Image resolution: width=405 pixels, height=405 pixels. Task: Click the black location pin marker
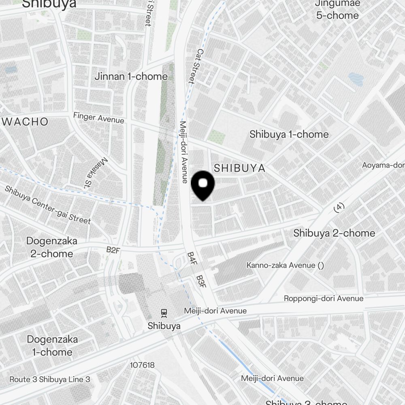pos(202,185)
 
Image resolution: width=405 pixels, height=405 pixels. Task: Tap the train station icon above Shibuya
pos(164,313)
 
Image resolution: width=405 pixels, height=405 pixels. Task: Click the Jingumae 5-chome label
pos(337,10)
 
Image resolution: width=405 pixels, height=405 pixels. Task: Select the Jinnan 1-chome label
pos(131,76)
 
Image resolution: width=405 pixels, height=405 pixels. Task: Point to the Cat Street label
pos(196,66)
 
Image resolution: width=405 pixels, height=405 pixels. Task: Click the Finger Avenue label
pos(98,118)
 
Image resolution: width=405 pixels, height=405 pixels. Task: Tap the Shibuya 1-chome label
pos(289,134)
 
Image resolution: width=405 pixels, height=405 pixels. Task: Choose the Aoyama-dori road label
pos(383,165)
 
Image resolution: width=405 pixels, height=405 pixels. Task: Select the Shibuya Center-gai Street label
pos(48,205)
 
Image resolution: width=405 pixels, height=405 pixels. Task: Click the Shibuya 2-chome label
pos(334,233)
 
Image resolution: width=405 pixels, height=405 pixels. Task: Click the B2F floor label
pos(113,250)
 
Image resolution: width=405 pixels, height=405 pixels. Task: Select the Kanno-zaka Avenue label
pos(286,265)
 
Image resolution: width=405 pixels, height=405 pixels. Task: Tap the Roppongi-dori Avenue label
pos(323,298)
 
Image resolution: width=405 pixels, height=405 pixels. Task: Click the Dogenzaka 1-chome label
pos(52,345)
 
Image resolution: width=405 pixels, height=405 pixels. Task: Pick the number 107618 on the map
pos(142,365)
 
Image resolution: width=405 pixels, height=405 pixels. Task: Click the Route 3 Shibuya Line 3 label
pos(50,379)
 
